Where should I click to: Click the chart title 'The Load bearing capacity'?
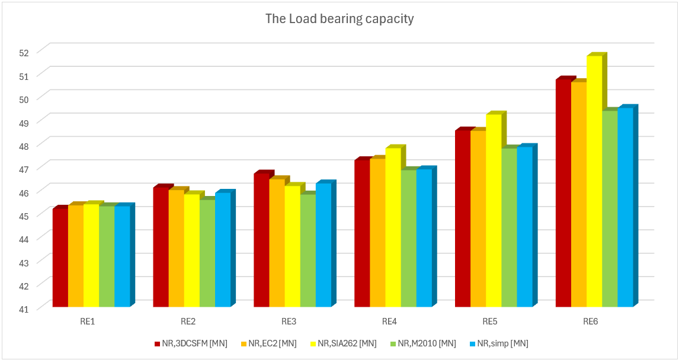click(x=339, y=19)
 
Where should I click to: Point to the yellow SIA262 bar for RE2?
click(x=191, y=250)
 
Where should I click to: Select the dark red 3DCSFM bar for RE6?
click(x=563, y=193)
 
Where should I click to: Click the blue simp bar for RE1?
click(x=122, y=256)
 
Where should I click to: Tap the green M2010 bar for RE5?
click(x=509, y=227)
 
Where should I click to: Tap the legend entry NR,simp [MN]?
click(x=499, y=343)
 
